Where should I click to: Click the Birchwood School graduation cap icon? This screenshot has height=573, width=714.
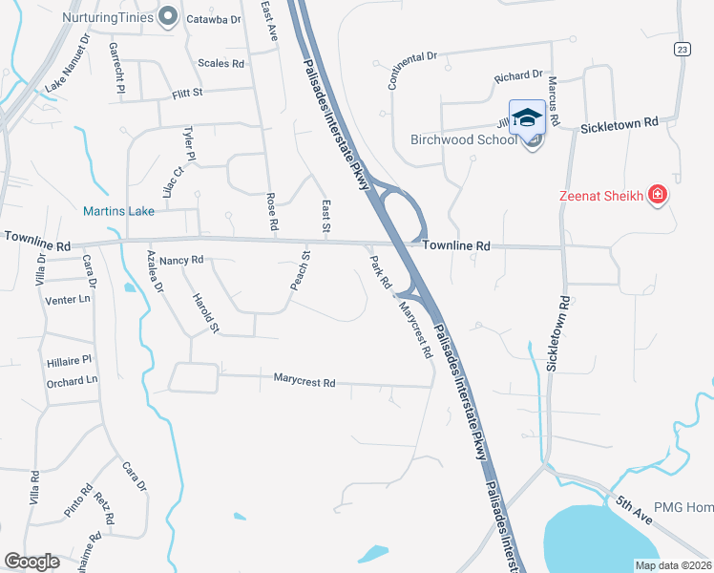coord(526,118)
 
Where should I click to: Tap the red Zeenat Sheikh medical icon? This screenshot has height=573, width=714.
coord(657,197)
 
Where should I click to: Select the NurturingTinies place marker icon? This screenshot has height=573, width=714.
coord(169,15)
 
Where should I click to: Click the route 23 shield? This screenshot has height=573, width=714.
coord(681,50)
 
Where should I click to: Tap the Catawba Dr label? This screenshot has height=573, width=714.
coord(213,18)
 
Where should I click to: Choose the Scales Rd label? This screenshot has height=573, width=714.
coord(220,63)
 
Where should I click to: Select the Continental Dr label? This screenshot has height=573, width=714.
coord(412,66)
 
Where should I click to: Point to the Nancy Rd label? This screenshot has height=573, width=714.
coord(181,260)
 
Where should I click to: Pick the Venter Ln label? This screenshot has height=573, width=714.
coord(67,299)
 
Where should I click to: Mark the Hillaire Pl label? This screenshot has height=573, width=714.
coord(68,360)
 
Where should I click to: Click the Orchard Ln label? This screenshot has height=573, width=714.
coord(72,380)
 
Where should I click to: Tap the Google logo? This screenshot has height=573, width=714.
coord(32,561)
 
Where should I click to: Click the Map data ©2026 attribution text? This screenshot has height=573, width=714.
coord(672,565)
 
